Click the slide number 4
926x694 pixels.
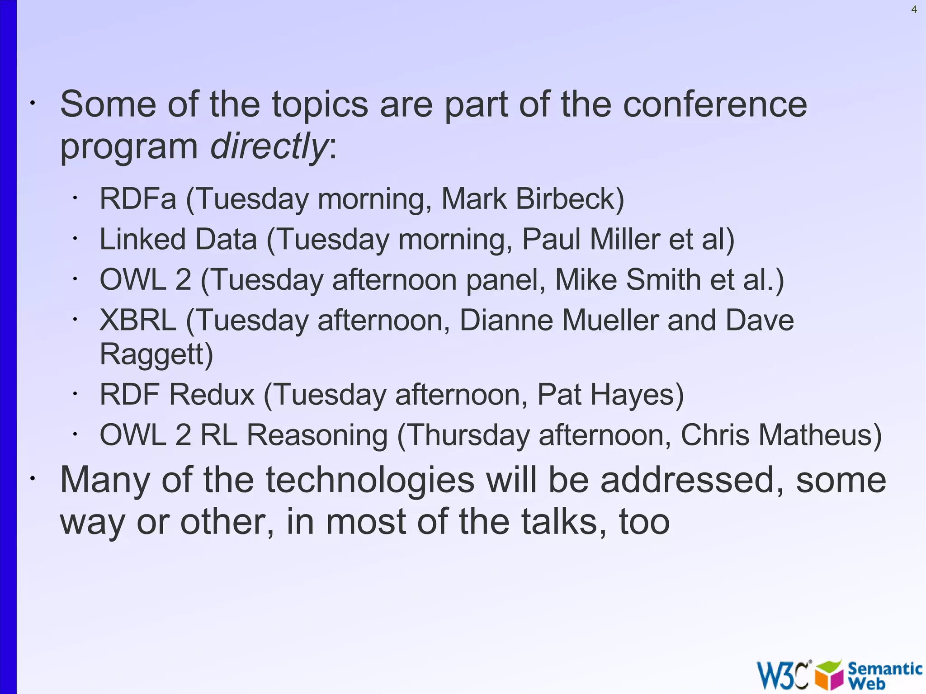(x=914, y=9)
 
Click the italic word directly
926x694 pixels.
(x=269, y=146)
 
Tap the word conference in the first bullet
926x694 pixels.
(x=715, y=104)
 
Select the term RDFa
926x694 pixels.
(x=137, y=199)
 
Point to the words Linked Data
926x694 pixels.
(x=178, y=239)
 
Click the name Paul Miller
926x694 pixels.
(x=591, y=239)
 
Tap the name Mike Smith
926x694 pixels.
(x=628, y=280)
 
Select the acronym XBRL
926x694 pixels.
(x=138, y=321)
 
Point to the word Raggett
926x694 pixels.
(x=152, y=354)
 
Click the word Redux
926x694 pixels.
(x=212, y=395)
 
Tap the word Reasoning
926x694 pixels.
(x=317, y=435)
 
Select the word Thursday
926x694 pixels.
(x=468, y=435)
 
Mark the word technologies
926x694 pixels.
(x=370, y=480)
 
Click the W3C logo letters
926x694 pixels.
(x=782, y=675)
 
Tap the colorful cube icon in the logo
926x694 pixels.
(x=829, y=675)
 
